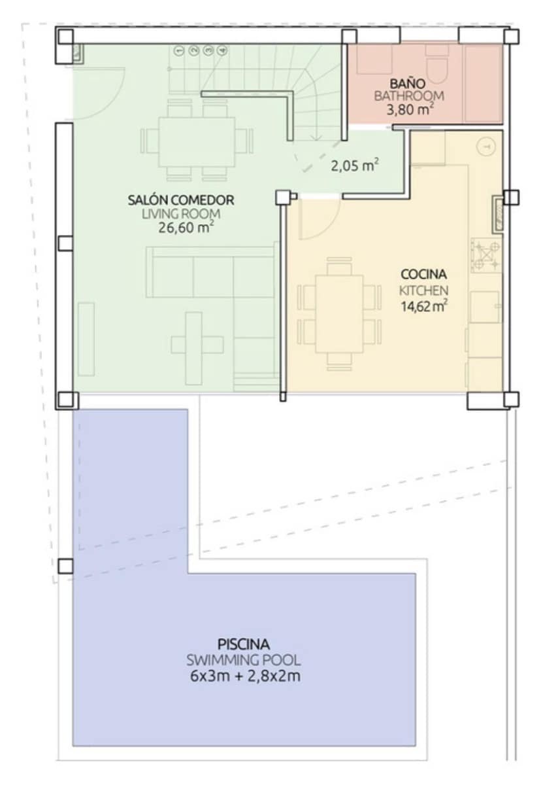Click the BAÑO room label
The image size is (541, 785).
point(408,84)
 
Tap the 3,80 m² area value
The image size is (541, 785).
point(410,110)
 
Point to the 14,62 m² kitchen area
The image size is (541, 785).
point(423,305)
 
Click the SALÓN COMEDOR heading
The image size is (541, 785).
point(180,200)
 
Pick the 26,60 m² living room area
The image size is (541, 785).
point(186,228)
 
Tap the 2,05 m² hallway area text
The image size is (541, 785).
point(355,166)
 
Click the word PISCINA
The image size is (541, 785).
point(243,644)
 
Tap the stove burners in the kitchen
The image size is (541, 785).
point(485,256)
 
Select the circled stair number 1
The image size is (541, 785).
point(179,50)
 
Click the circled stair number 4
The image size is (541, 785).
point(222,50)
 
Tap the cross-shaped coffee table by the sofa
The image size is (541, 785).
point(193,341)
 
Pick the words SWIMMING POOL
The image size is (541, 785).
point(243,660)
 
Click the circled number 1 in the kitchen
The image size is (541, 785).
point(484,148)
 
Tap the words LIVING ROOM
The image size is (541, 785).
point(180,214)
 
